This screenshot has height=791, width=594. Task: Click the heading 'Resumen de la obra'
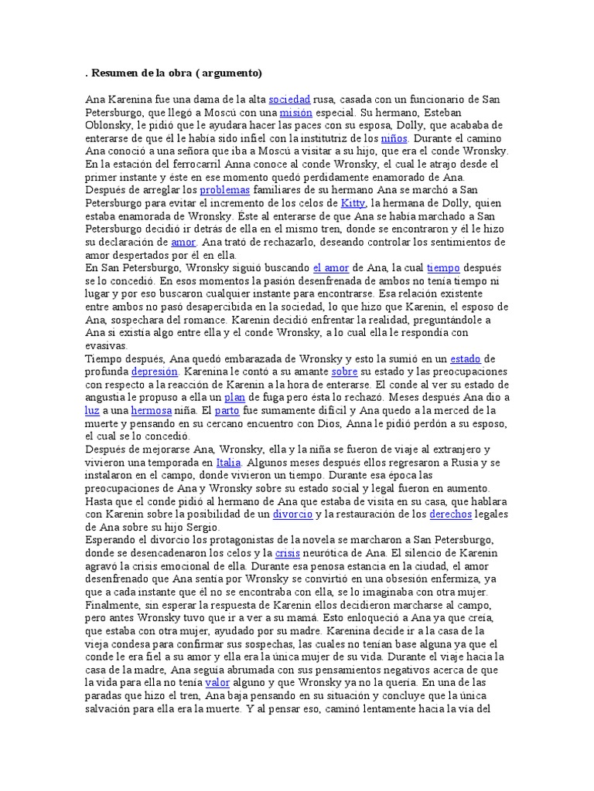(176, 73)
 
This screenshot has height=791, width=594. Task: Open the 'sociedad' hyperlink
(289, 100)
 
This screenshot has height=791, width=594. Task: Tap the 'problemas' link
(224, 190)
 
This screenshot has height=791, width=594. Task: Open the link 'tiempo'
(442, 268)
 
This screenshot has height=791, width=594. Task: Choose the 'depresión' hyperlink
(155, 372)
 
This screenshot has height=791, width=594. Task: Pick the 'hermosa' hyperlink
(151, 410)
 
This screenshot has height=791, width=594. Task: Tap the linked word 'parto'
(227, 410)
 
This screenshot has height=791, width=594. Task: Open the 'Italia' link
(228, 462)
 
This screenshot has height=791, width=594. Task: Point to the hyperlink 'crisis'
(287, 553)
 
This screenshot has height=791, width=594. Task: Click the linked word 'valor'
(217, 683)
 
